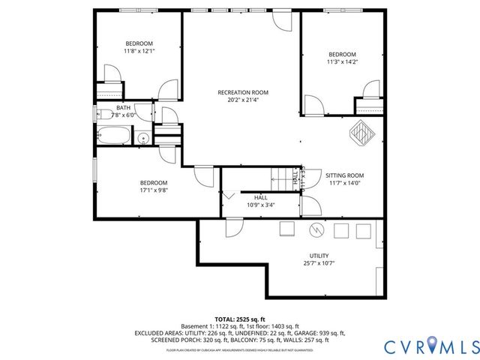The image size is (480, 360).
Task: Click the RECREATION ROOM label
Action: [x=243, y=93]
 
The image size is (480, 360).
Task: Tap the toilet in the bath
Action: [x=102, y=114]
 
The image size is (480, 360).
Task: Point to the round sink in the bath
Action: [x=142, y=138]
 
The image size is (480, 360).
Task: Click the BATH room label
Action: [x=122, y=107]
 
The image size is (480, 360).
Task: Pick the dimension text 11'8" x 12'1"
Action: [x=139, y=51]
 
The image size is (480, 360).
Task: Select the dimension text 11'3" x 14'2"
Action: [x=342, y=62]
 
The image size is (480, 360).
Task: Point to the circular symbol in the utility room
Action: [x=316, y=229]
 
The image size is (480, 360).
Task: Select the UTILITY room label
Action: [x=319, y=256]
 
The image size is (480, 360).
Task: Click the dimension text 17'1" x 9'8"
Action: [x=154, y=190]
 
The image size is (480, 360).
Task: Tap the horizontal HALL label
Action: [x=261, y=196]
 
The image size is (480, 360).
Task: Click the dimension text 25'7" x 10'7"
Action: [x=319, y=263]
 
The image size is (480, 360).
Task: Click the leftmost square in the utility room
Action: [x=287, y=229]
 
